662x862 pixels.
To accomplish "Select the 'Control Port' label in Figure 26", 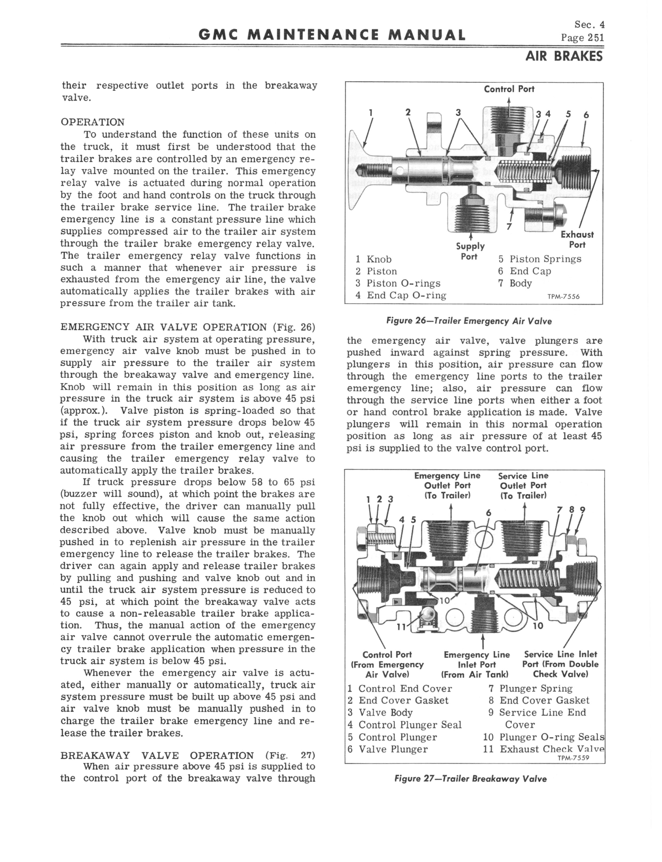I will pyautogui.click(x=509, y=89).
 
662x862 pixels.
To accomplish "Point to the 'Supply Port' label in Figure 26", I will pyautogui.click(x=470, y=251).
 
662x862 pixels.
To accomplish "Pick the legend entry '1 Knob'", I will pyautogui.click(x=373, y=259).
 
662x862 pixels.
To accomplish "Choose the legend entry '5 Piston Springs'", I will pyautogui.click(x=539, y=259).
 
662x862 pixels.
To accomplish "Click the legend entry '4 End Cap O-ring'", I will pyautogui.click(x=400, y=296).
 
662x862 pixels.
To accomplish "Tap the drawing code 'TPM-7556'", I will pyautogui.click(x=564, y=297).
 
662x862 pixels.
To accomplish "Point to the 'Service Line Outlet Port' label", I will pyautogui.click(x=523, y=485).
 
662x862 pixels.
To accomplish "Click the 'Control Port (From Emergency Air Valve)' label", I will pyautogui.click(x=387, y=665).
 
